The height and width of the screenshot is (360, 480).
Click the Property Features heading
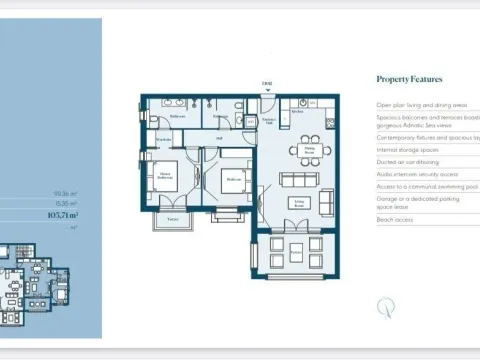point(409,79)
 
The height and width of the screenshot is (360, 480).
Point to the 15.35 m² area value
point(67,202)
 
